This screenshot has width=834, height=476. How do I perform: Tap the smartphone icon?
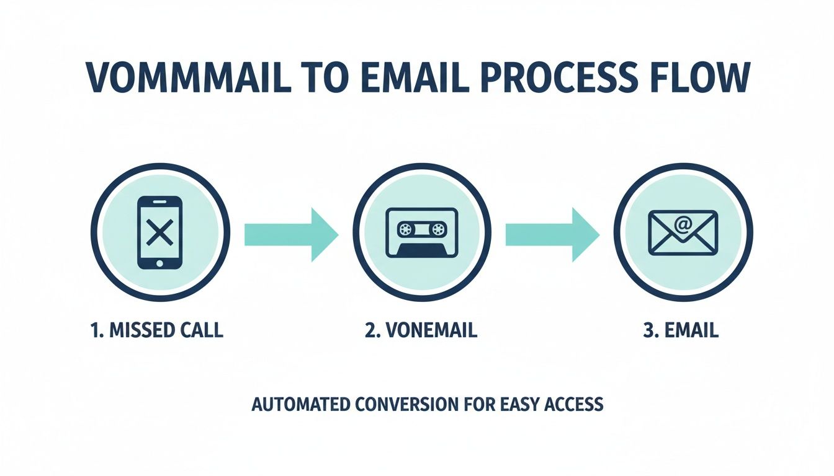(x=160, y=232)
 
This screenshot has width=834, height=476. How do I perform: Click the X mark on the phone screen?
(x=160, y=233)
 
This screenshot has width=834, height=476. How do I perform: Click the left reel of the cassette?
(x=405, y=230)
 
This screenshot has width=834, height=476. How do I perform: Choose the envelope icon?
(x=683, y=232)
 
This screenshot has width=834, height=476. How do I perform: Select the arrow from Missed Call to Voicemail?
(x=290, y=234)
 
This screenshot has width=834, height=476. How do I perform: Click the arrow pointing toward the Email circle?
(x=552, y=234)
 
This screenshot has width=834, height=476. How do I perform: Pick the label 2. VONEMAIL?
(x=421, y=330)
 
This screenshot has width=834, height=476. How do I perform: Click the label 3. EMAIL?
(x=681, y=330)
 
